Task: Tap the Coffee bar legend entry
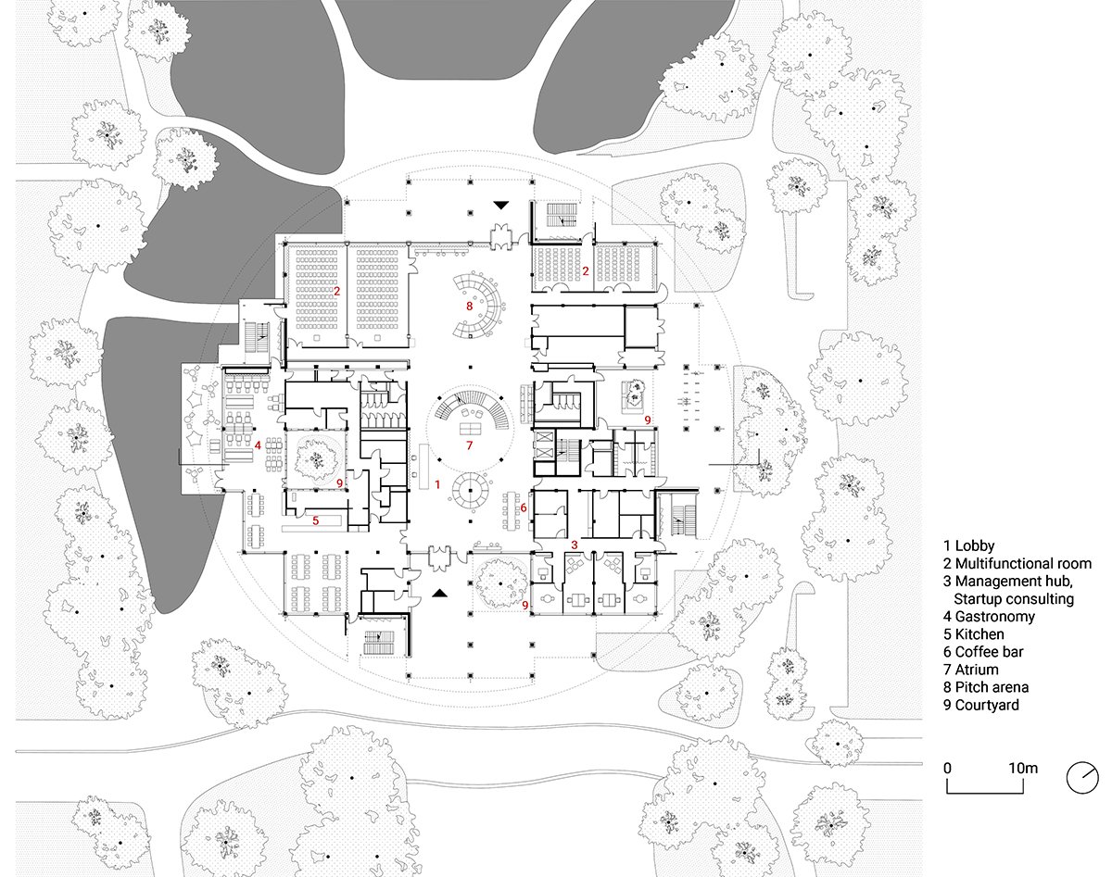[982, 652]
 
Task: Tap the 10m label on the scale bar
[1022, 768]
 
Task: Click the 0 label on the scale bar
[947, 768]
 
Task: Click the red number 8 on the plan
[470, 305]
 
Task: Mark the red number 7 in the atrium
[469, 445]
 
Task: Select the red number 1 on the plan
[436, 483]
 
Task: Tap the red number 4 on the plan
[257, 445]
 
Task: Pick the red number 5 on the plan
[315, 520]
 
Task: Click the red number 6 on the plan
[523, 507]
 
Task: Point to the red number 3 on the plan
[575, 545]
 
